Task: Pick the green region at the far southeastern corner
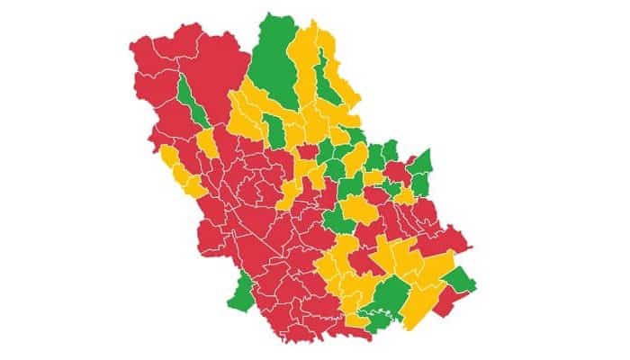point(460,280)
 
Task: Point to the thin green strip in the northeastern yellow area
point(334,86)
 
